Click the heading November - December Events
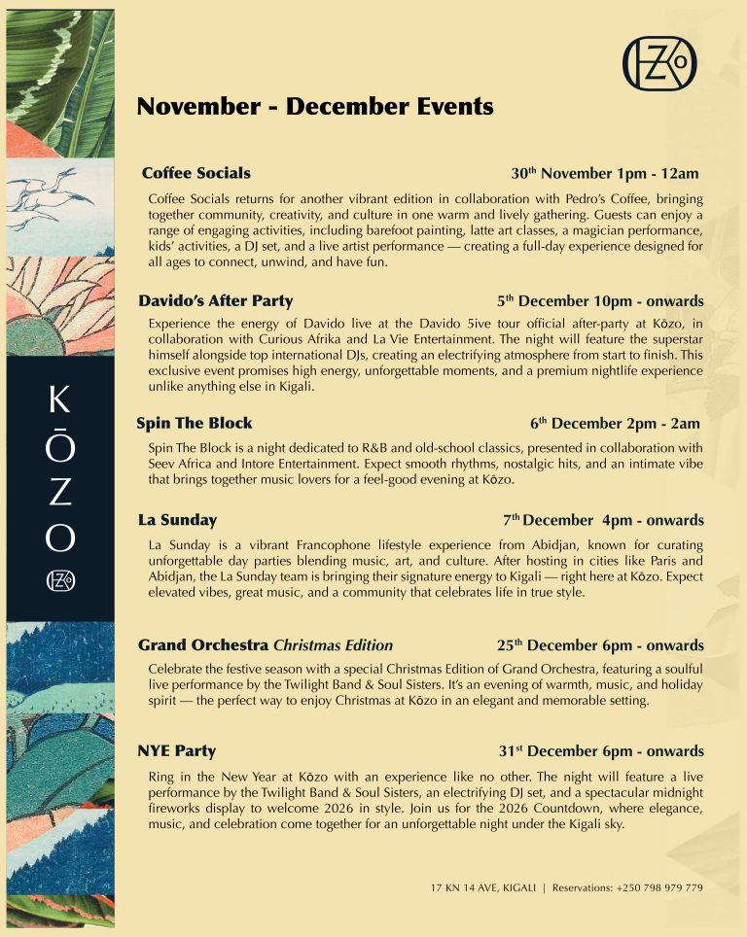click(315, 106)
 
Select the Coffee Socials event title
click(196, 173)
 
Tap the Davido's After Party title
click(216, 301)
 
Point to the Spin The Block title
click(196, 423)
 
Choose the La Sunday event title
click(178, 520)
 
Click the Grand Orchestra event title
click(203, 644)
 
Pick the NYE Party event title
click(177, 751)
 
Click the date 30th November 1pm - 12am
click(604, 174)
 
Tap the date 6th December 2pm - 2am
click(615, 424)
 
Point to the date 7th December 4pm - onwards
click(603, 521)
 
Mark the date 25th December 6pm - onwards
click(601, 645)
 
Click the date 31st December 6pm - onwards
click(601, 751)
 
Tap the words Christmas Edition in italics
click(334, 644)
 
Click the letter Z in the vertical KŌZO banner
click(60, 493)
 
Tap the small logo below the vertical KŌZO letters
click(60, 581)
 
